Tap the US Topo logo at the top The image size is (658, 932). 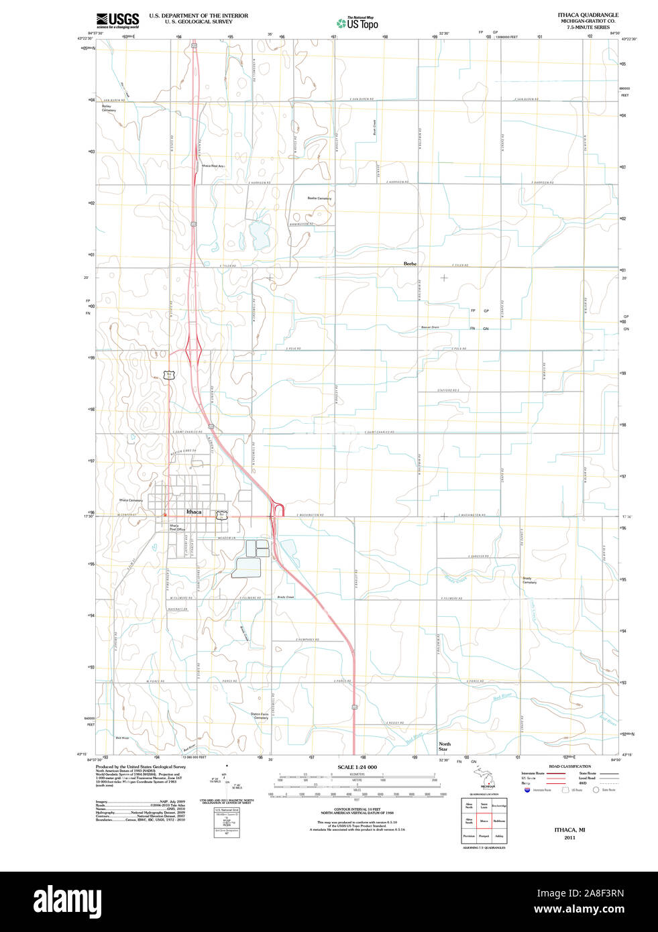pos(358,23)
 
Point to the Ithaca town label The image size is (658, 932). pos(194,512)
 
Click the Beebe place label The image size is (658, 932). pos(410,264)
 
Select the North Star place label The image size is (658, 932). pos(445,746)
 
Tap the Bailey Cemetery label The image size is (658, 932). pos(108,108)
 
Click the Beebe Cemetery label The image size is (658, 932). pos(319,198)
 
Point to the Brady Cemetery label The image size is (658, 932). pos(530,580)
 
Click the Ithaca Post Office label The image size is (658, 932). pos(177,528)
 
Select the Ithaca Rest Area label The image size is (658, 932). pos(213,166)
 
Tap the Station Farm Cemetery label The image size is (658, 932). pos(260,715)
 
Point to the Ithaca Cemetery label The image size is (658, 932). pos(131,500)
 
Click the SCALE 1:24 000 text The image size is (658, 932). pos(357,767)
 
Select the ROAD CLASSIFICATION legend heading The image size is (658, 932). pos(569,766)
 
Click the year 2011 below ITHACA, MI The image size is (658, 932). pos(569,837)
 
